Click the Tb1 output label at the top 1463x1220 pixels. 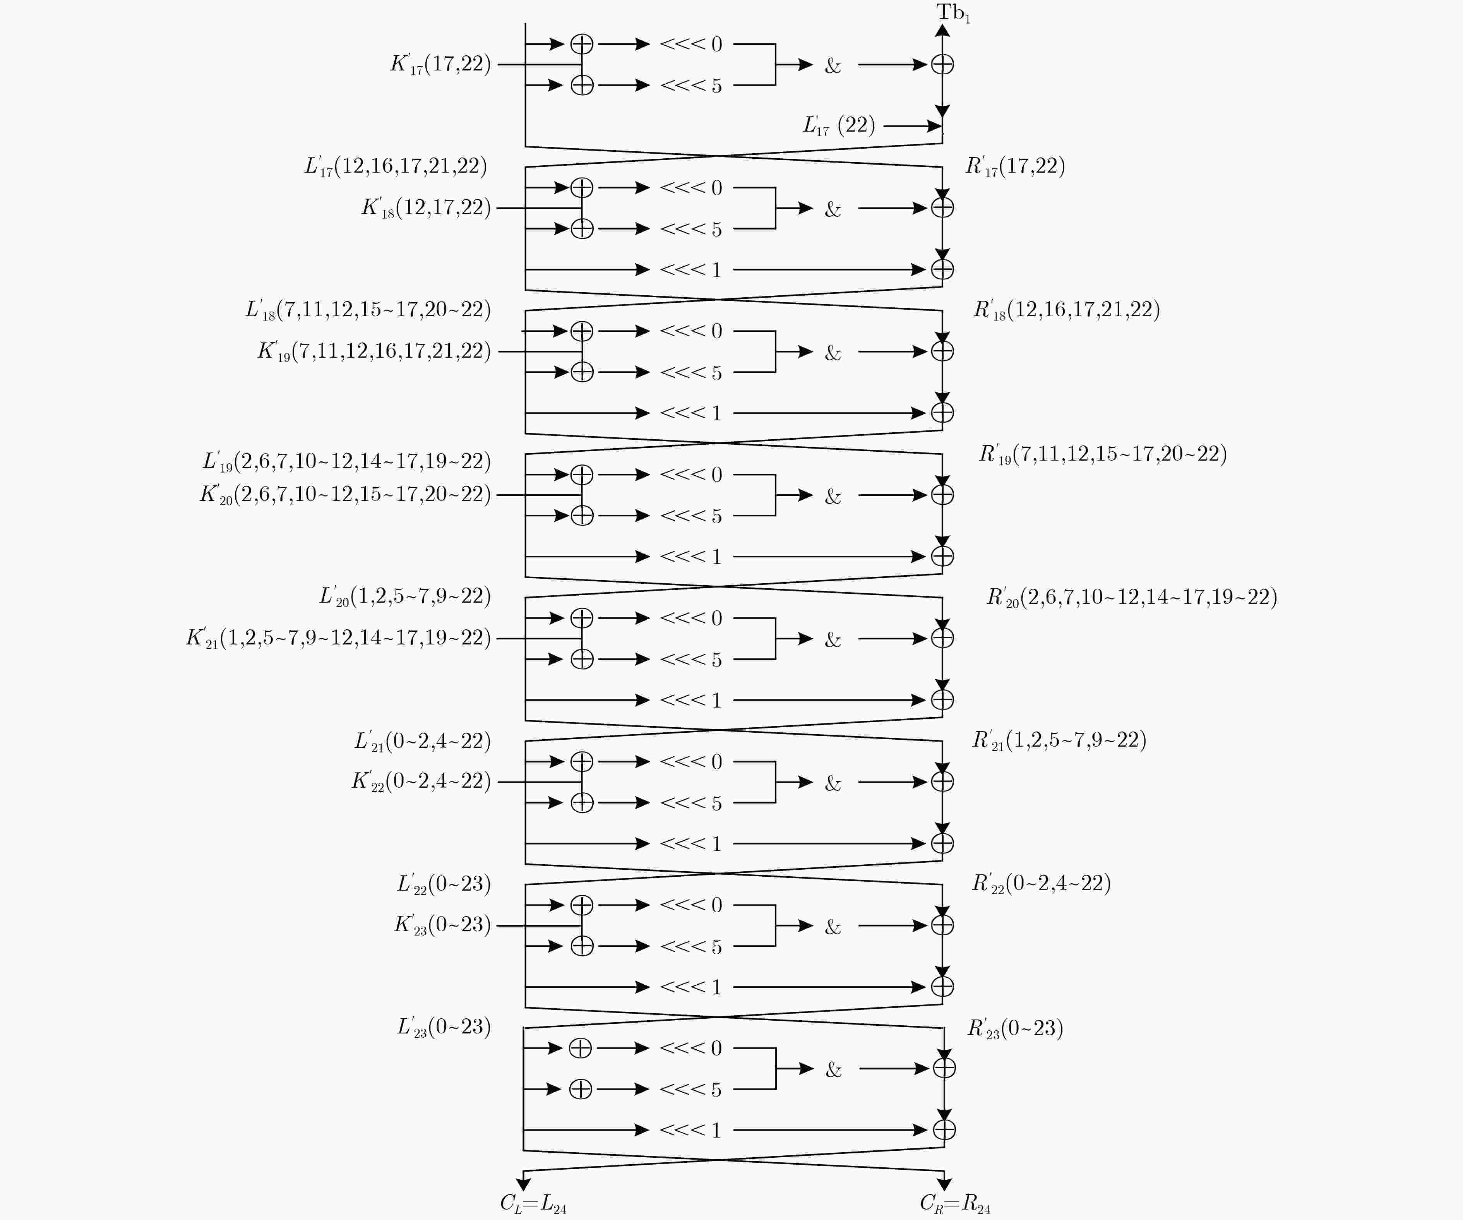tap(953, 12)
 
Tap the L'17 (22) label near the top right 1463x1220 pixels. tap(839, 125)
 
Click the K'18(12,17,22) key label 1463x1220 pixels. tap(426, 207)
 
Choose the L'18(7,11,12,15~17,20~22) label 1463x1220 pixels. tap(368, 309)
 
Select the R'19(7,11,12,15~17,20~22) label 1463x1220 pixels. tap(1103, 454)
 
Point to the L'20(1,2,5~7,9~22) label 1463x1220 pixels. tap(405, 596)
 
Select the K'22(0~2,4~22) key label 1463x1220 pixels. tap(421, 781)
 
